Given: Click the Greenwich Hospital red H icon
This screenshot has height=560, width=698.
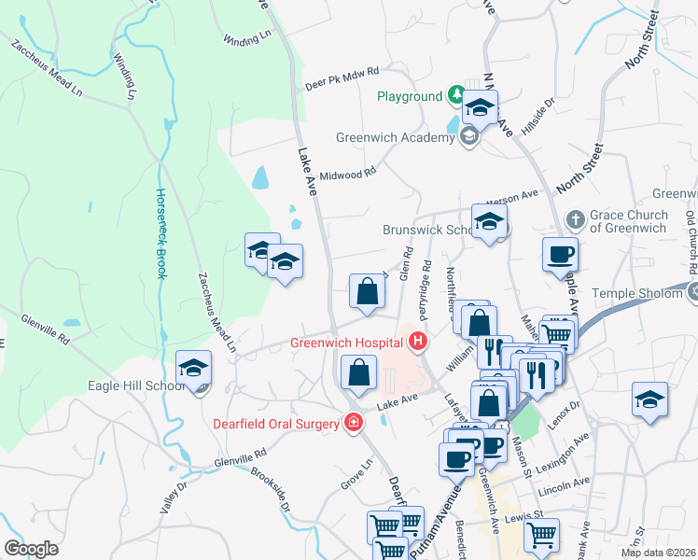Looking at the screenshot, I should pyautogui.click(x=417, y=343).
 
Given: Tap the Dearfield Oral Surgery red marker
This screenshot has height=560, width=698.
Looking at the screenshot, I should pyautogui.click(x=353, y=424).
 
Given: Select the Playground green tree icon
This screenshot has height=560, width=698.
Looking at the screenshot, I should pyautogui.click(x=456, y=95).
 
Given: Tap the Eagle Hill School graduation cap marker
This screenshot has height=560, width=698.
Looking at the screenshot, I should pyautogui.click(x=193, y=369).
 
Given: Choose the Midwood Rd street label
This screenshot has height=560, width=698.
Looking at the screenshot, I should pyautogui.click(x=347, y=174).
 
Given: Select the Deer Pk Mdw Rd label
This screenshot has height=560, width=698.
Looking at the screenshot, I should pyautogui.click(x=342, y=78).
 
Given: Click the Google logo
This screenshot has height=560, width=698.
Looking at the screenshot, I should pyautogui.click(x=31, y=549).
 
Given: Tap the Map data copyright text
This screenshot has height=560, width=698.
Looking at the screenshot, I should pyautogui.click(x=659, y=553).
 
